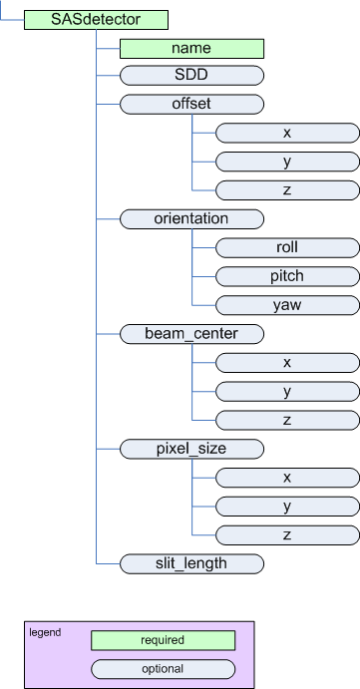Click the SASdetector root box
point(96,18)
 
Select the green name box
point(191,47)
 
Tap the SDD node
point(191,75)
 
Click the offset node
point(191,103)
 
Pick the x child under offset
point(287,132)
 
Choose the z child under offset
point(287,188)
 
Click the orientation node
point(191,217)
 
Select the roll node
point(287,246)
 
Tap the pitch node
point(287,275)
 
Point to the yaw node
point(287,304)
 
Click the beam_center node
point(191,333)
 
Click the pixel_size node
point(191,449)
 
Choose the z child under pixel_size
point(287,534)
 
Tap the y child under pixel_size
point(287,506)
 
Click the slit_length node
point(191,563)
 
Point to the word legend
point(45,632)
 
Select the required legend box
point(163,640)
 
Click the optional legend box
point(163,668)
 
